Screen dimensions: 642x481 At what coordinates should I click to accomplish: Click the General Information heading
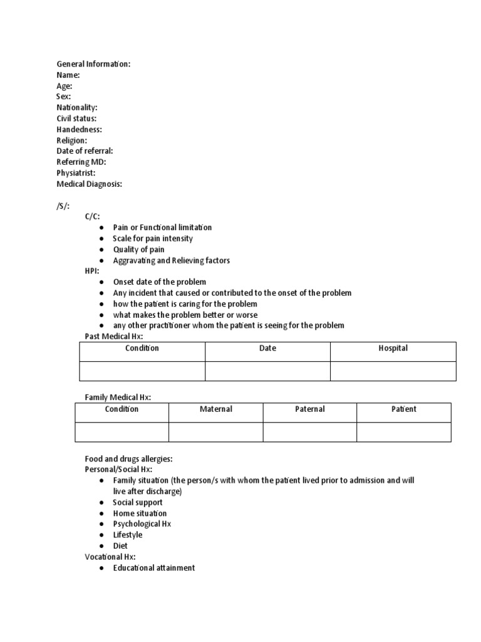[x=93, y=64]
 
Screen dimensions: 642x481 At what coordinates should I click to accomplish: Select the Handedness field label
[x=79, y=129]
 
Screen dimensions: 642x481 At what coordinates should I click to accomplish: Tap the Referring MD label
[x=81, y=162]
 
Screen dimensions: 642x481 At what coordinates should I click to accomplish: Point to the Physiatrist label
[x=76, y=172]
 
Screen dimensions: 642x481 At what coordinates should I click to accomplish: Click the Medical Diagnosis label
[x=89, y=184]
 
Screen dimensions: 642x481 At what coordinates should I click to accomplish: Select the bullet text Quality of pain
[x=138, y=250]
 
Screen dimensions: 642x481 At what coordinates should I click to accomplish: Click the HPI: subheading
[x=92, y=271]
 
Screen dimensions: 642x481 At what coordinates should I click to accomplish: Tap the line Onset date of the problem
[x=159, y=282]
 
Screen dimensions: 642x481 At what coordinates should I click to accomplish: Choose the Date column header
[x=267, y=349]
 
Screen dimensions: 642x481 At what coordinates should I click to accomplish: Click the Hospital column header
[x=393, y=349]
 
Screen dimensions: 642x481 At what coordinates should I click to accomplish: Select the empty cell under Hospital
[x=393, y=371]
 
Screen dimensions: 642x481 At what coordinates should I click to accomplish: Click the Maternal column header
[x=215, y=409]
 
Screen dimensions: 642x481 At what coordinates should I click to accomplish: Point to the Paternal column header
[x=309, y=409]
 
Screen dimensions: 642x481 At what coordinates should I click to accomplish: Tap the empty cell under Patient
[x=403, y=431]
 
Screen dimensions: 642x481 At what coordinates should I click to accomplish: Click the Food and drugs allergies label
[x=128, y=458]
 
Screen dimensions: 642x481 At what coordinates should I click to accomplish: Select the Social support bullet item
[x=137, y=502]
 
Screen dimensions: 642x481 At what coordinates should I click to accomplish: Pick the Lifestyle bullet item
[x=127, y=535]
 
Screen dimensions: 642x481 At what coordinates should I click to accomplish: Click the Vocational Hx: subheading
[x=110, y=557]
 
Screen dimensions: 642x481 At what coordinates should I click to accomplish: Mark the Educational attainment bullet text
[x=153, y=568]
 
